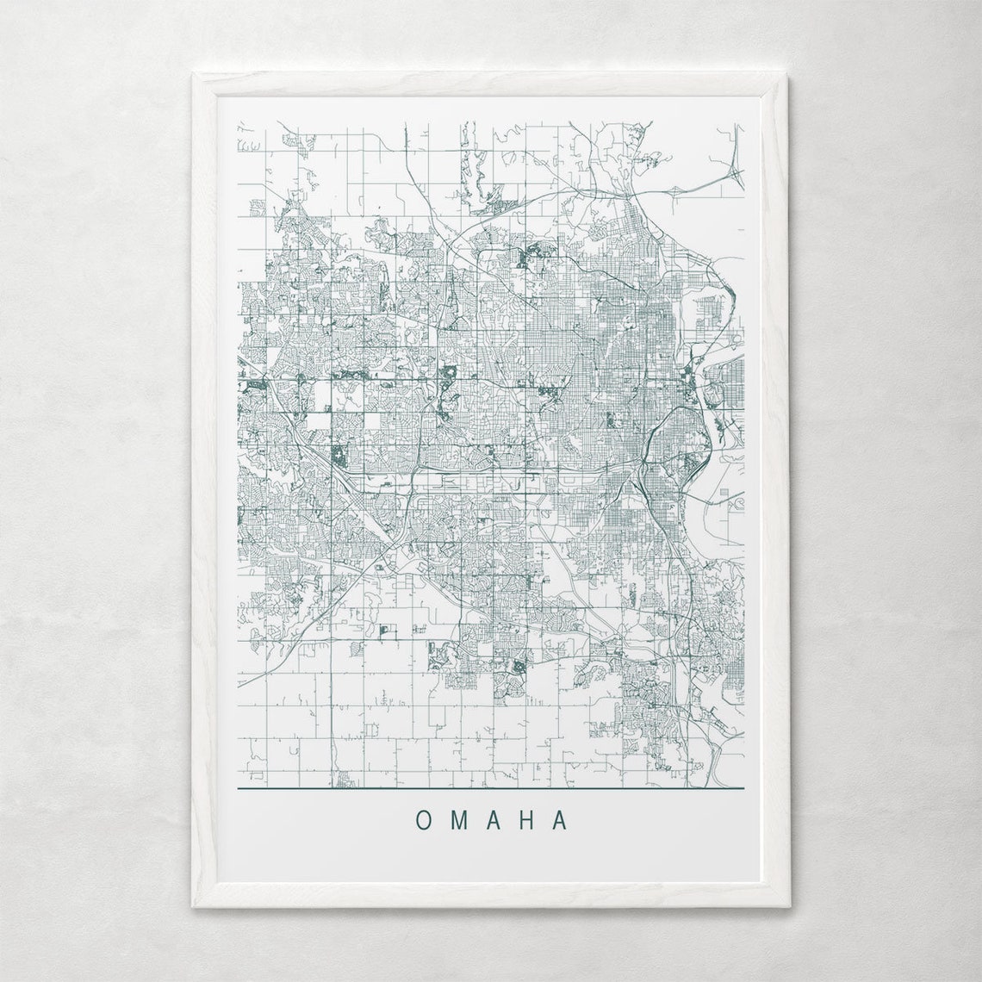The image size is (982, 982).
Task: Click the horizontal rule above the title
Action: coord(491,788)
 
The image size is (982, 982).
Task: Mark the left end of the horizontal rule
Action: coord(239,788)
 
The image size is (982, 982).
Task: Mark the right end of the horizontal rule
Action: coord(743,788)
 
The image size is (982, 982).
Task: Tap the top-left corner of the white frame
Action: coord(194,75)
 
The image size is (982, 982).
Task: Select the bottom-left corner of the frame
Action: coord(194,906)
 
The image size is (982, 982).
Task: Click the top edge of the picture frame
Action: coord(491,83)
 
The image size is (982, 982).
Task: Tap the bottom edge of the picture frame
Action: coord(491,898)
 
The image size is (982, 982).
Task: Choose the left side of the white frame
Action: coord(203,491)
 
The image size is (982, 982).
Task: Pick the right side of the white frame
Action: coord(778,491)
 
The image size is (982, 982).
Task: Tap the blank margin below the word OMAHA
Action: coord(491,861)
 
